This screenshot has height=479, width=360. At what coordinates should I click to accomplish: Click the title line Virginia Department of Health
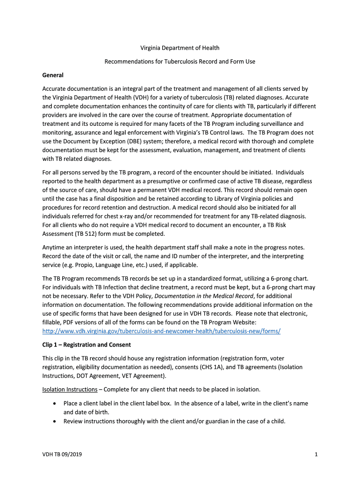180,48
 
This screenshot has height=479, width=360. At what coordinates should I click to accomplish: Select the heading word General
53,75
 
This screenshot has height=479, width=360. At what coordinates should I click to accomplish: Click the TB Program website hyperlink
161,331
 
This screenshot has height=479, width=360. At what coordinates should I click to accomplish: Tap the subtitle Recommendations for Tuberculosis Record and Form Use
180,61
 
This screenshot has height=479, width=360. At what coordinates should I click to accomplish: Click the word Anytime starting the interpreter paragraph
55,247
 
